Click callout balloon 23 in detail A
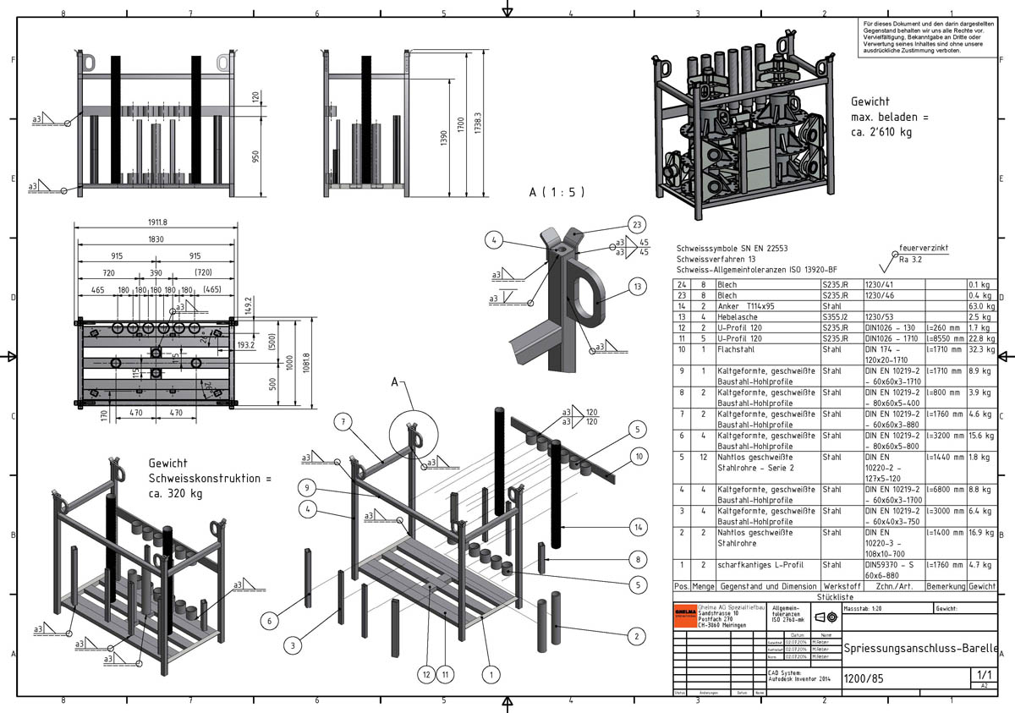[637, 224]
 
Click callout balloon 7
[342, 421]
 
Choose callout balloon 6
[270, 621]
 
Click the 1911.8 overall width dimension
[155, 222]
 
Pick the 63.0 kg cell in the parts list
[981, 307]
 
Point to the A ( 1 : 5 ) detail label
[557, 192]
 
